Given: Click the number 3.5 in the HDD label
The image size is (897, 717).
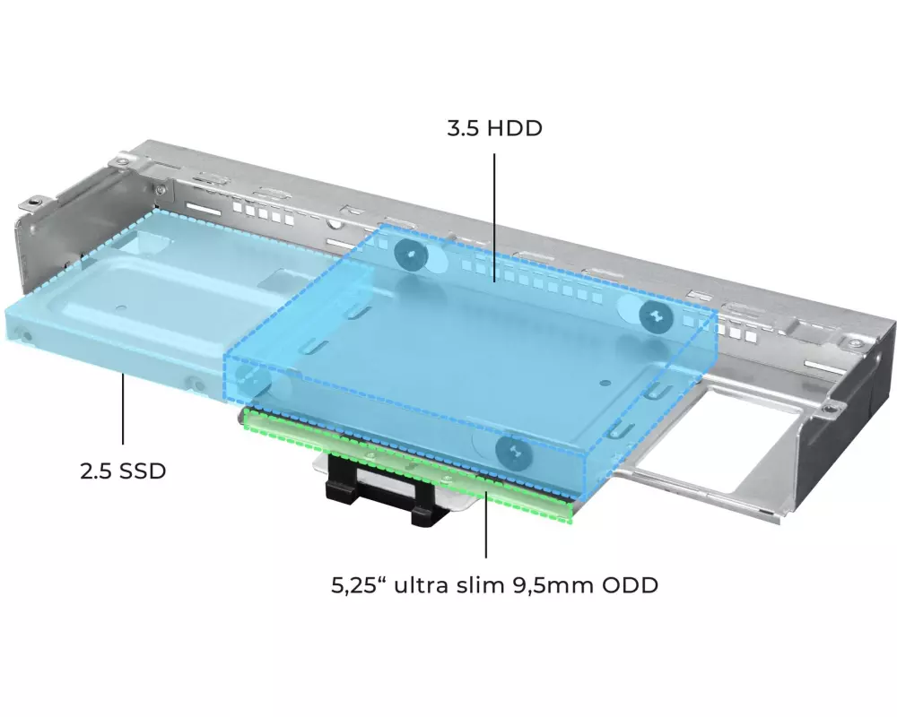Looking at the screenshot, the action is (x=462, y=128).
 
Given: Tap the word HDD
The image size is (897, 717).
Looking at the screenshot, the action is (x=514, y=128).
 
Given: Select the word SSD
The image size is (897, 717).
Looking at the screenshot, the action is (x=143, y=471).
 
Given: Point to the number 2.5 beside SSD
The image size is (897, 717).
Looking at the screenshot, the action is (x=96, y=471).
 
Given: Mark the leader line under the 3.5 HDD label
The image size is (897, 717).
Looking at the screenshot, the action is (x=494, y=217).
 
